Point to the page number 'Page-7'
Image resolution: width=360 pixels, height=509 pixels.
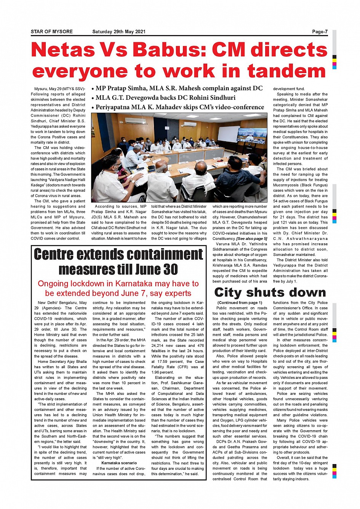tap(320, 32)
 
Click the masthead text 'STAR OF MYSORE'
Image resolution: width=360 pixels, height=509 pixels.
tap(52, 32)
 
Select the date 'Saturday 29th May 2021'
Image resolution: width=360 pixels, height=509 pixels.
tap(119, 32)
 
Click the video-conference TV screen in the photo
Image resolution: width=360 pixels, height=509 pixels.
tap(252, 136)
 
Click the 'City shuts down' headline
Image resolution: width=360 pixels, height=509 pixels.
tap(270, 292)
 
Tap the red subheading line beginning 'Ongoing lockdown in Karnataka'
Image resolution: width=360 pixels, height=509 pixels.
tap(118, 284)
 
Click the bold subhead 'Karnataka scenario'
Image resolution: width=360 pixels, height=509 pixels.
tap(119, 463)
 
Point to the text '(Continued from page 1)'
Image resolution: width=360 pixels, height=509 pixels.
tap(240, 303)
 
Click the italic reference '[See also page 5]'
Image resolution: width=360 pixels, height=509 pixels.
tap(252, 239)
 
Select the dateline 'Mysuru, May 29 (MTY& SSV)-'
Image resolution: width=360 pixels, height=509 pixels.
tap(59, 89)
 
